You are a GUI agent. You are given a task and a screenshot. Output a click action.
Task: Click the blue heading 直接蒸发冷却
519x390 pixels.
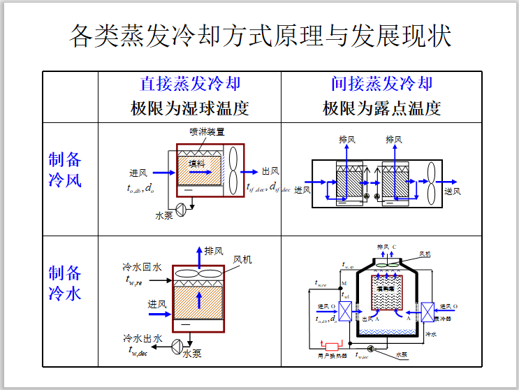tap(190, 85)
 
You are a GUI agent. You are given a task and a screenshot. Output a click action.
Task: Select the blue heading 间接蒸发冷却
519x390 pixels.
tap(381, 85)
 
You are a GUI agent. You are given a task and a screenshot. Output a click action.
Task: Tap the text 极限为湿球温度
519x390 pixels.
tap(190, 108)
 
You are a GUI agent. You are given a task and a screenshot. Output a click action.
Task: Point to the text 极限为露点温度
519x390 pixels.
tap(381, 108)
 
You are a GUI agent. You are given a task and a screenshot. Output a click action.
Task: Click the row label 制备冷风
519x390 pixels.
tap(65, 170)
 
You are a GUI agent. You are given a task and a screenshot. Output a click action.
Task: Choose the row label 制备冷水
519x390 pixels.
tap(65, 282)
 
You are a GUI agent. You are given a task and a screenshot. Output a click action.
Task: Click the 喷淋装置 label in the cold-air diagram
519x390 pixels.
tap(207, 131)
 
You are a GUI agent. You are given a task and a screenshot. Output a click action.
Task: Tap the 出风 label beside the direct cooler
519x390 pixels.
tap(271, 171)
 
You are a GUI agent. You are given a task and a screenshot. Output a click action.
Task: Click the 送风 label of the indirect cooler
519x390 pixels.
tap(453, 191)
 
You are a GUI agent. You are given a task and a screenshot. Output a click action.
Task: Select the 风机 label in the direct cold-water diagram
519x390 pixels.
tap(242, 259)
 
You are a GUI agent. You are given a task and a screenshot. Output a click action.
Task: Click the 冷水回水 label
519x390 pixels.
tap(142, 267)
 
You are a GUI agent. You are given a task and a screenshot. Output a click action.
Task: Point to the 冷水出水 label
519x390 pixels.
tap(142, 338)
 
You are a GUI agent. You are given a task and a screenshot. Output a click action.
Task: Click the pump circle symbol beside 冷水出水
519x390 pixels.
tap(177, 344)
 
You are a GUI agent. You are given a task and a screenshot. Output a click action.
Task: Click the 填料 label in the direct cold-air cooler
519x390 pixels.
tap(196, 162)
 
